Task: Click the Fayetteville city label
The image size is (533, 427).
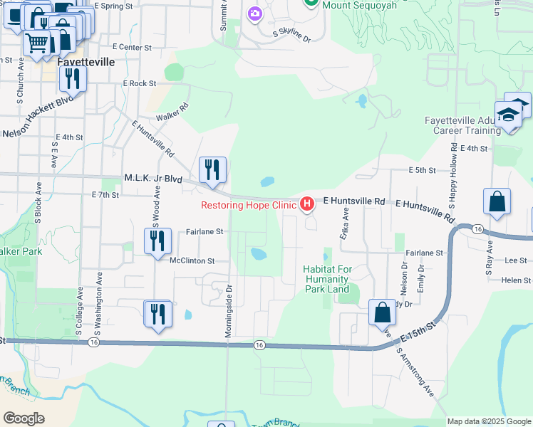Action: coord(85,62)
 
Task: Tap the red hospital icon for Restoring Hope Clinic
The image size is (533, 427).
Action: coord(307,205)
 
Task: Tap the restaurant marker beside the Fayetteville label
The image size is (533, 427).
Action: coord(72,78)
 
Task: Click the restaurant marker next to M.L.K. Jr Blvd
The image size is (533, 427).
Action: coord(212,171)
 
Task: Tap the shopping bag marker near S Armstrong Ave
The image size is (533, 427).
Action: coord(383,312)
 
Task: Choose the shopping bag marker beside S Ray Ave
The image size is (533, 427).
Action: coord(497,201)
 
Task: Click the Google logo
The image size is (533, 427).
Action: coord(24,418)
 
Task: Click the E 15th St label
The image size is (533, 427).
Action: coord(417,331)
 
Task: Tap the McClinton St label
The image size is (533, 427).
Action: coord(192,261)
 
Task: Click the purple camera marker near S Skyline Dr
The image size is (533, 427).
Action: coord(255,13)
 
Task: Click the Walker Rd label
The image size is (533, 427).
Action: coord(172,112)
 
